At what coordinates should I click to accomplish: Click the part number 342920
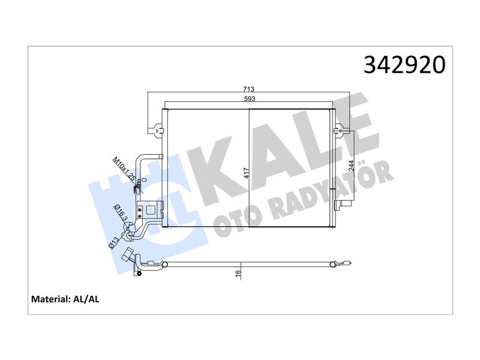pos(404,65)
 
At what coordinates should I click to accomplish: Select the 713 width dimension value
pos(248,89)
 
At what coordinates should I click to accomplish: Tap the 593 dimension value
pos(250,98)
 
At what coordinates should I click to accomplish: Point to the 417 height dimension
pos(247,173)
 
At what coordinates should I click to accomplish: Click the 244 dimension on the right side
pos(351,166)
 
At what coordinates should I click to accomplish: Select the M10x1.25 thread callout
pos(124,169)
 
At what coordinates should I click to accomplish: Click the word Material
pos(51,299)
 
